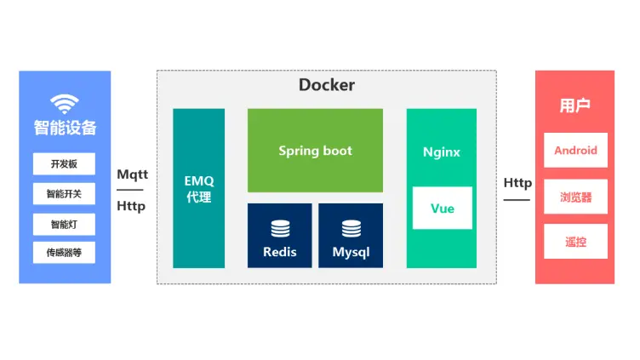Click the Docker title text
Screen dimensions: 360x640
tap(327, 85)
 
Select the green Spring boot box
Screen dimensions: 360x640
tap(315, 151)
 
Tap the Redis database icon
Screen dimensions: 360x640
tap(280, 229)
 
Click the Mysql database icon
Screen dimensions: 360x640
tap(351, 229)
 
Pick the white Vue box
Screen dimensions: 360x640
tap(443, 209)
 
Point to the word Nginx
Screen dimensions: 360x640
tap(442, 152)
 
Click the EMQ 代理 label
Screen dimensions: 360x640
tap(198, 190)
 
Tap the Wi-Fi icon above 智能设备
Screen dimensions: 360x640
tap(65, 104)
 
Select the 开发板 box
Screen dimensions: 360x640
tap(65, 164)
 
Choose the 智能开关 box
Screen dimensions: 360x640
tap(65, 194)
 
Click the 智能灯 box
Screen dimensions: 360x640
tap(65, 224)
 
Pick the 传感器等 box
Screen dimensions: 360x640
tap(65, 253)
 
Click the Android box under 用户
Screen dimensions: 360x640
tap(575, 151)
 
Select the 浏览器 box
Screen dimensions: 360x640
tap(575, 197)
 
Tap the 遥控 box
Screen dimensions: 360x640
tap(575, 242)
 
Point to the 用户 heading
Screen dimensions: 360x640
tap(575, 106)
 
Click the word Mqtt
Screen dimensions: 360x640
tap(132, 174)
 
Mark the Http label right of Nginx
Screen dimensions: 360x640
tap(517, 183)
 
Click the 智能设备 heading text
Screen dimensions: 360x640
tap(65, 129)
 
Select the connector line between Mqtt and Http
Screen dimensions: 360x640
tap(131, 191)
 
